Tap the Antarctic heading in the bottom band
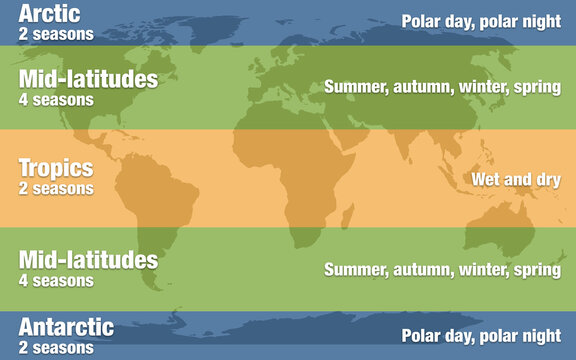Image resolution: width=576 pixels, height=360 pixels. pos(66,327)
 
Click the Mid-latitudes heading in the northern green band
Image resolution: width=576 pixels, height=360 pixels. pos(88,79)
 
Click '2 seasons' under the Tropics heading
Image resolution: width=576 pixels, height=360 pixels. pos(56,188)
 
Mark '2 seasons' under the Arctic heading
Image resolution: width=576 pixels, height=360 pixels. pos(56,34)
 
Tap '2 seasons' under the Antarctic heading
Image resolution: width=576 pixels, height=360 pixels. pos(56,347)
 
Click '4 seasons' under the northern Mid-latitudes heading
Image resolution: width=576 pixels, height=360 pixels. pos(56,99)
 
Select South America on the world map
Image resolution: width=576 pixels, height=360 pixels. pos(150,215)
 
